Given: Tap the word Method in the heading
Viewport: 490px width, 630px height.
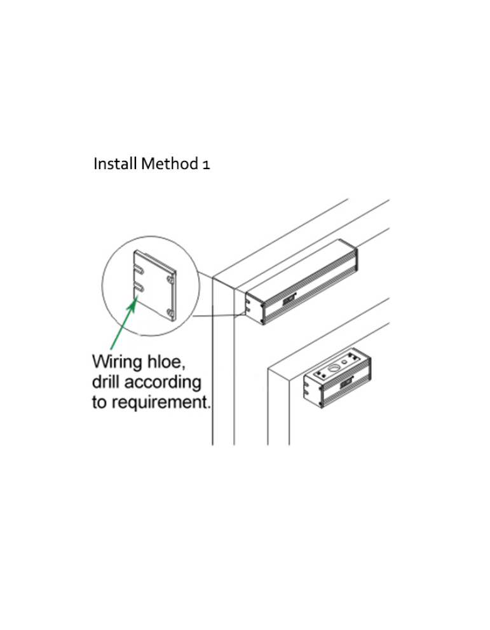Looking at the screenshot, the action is (x=170, y=164).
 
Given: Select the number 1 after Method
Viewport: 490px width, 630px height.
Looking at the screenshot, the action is (x=206, y=165).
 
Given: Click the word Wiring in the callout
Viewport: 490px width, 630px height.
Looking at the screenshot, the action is (x=118, y=362).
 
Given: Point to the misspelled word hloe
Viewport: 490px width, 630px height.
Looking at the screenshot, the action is (x=167, y=362).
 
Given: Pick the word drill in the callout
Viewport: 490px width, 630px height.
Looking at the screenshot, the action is (x=105, y=381).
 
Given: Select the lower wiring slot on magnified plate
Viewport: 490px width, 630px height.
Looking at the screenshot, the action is (x=139, y=286).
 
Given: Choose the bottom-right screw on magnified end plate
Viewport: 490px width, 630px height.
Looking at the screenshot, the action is (x=171, y=312).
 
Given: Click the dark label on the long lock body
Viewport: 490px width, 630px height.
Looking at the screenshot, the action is (x=289, y=299).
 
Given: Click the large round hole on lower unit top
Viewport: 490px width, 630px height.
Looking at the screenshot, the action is (x=334, y=367).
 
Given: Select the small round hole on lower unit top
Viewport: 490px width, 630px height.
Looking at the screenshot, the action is (x=344, y=362).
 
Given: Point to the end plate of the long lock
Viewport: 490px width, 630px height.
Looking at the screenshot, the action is (x=254, y=307).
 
